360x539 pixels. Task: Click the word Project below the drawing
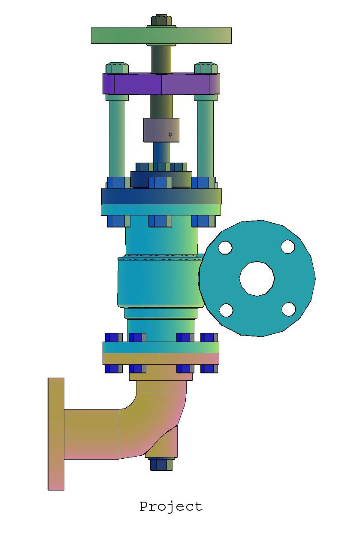[171, 506]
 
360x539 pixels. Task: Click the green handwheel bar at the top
[161, 36]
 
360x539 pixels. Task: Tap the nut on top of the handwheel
[161, 21]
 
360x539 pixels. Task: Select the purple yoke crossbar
[161, 84]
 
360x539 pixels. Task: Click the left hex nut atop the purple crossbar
[117, 68]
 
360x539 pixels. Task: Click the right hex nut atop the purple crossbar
[206, 68]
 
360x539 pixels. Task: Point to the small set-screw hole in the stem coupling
[170, 135]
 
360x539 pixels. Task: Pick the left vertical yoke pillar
[117, 137]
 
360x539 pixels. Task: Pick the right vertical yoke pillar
[206, 137]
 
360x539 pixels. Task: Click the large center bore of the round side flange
[257, 278]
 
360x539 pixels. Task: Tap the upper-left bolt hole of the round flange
[225, 248]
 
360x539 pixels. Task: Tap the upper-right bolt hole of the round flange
[287, 246]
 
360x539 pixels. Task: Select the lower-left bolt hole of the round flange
[226, 310]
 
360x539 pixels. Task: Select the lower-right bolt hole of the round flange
[288, 309]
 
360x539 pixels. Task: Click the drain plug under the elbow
[161, 464]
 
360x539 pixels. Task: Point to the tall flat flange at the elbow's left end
[56, 433]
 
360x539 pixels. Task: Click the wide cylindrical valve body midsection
[159, 281]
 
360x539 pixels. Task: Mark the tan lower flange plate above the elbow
[161, 358]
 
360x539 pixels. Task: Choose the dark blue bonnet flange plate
[161, 196]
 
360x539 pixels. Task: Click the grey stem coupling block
[161, 130]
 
